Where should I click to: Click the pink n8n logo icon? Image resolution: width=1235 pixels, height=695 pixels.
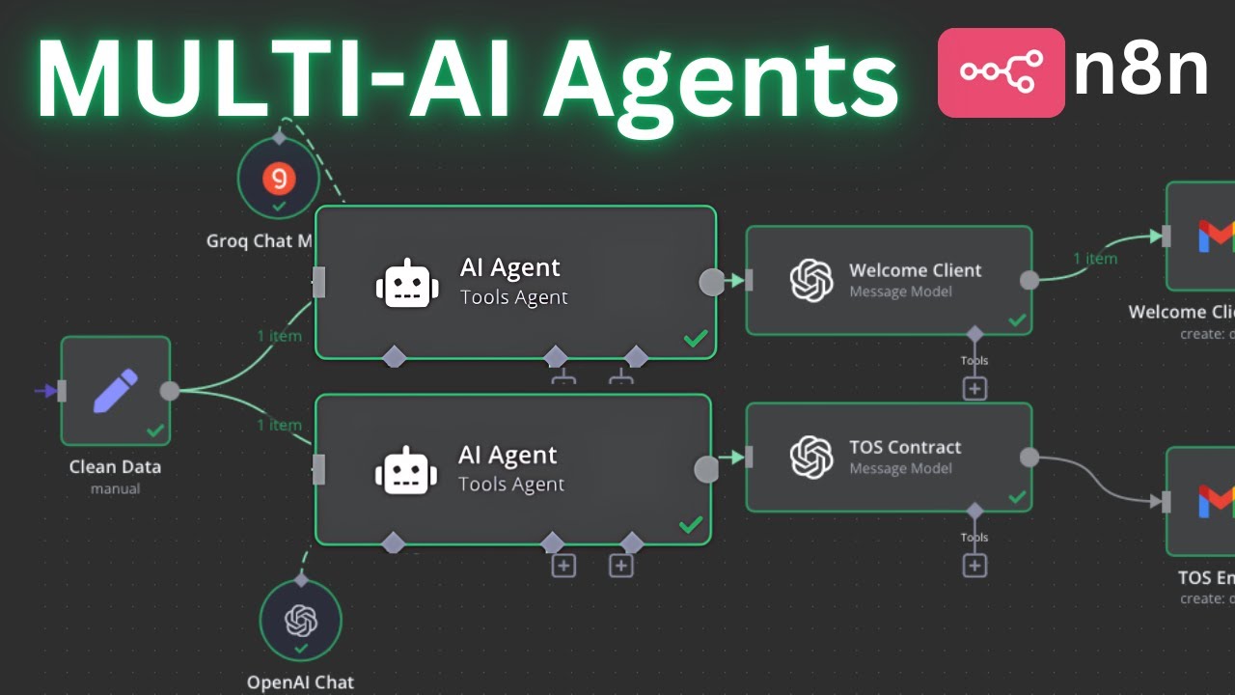point(1001,72)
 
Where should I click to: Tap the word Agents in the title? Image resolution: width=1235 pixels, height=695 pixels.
point(719,77)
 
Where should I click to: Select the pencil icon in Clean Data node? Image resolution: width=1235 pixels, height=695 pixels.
point(115,389)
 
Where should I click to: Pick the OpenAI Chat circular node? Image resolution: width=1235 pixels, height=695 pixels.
point(301,621)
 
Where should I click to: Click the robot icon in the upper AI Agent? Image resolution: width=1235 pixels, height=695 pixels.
point(406,283)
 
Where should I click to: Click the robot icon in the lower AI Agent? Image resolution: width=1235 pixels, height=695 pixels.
point(405,470)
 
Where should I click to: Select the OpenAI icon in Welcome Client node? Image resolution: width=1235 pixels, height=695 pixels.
point(810,281)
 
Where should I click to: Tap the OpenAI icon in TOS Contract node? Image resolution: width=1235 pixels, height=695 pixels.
point(810,458)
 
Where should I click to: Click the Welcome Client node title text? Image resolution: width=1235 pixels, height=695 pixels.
point(915,270)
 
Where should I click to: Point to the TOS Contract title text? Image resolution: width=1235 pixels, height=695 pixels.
point(905,447)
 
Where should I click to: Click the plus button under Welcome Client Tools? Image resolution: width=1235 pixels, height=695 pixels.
point(974,388)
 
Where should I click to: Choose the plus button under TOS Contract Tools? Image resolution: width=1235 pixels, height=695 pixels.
point(974,566)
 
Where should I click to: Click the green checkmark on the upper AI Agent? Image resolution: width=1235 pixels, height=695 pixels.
point(695,339)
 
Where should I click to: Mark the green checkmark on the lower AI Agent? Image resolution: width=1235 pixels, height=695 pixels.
point(691,525)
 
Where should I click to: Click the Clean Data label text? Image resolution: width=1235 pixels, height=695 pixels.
point(115,467)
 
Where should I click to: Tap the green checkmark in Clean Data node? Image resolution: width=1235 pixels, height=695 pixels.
point(154,431)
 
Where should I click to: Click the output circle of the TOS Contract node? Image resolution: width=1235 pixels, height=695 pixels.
point(1029,458)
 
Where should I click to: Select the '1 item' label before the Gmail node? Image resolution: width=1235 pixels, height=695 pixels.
point(1095,259)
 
